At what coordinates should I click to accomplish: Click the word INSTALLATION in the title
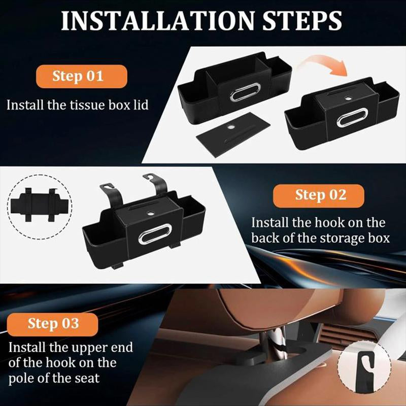pyautogui.click(x=158, y=21)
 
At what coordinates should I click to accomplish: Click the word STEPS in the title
pyautogui.click(x=302, y=21)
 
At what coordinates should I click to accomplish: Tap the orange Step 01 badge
pyautogui.click(x=82, y=77)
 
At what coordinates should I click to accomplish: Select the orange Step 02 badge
pyautogui.click(x=319, y=196)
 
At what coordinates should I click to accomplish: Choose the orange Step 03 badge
pyautogui.click(x=53, y=324)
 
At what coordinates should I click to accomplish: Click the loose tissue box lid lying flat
pyautogui.click(x=233, y=134)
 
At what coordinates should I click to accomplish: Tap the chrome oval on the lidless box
pyautogui.click(x=245, y=92)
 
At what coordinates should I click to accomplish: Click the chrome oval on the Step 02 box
pyautogui.click(x=155, y=234)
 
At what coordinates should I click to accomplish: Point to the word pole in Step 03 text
pyautogui.click(x=21, y=379)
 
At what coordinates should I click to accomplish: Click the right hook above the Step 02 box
pyautogui.click(x=157, y=183)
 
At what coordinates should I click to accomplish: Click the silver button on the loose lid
pyautogui.click(x=230, y=127)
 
